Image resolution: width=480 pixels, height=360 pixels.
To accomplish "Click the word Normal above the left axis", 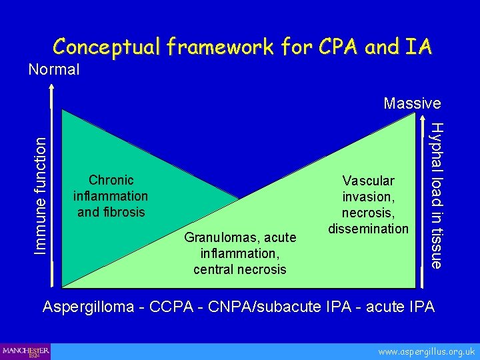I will tap(53, 69).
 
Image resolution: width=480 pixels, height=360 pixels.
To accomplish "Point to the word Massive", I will tap(412, 103).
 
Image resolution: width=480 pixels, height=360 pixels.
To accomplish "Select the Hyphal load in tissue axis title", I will tap(436, 195).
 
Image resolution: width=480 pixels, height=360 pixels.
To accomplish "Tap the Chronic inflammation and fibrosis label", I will tap(111, 197).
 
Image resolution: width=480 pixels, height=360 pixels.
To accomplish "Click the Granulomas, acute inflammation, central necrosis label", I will tap(240, 253).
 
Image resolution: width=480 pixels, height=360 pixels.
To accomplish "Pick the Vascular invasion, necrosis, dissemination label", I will tap(368, 205).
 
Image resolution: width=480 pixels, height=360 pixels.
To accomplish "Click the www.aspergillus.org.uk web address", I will tap(426, 351).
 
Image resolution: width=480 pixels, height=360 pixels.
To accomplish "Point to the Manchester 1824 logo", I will tap(25, 351).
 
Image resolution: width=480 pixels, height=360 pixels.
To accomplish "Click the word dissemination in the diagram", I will tap(368, 229).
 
